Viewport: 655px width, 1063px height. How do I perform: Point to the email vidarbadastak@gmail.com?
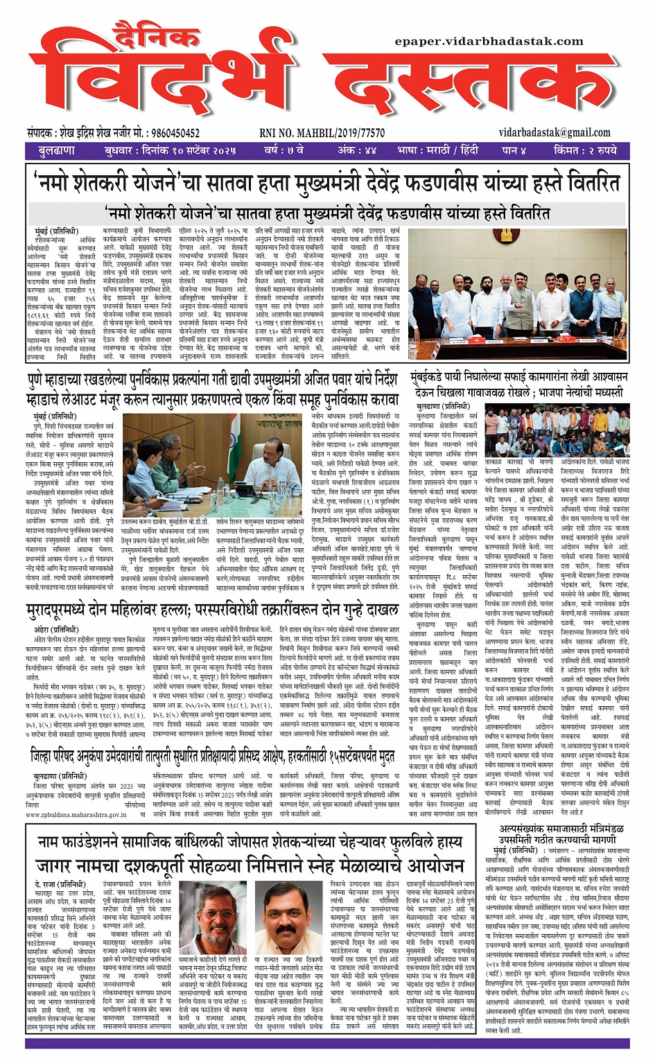pos(554,132)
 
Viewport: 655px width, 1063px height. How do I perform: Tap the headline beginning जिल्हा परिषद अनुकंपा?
pos(213,756)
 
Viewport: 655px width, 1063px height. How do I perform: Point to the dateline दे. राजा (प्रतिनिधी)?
pos(60,884)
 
